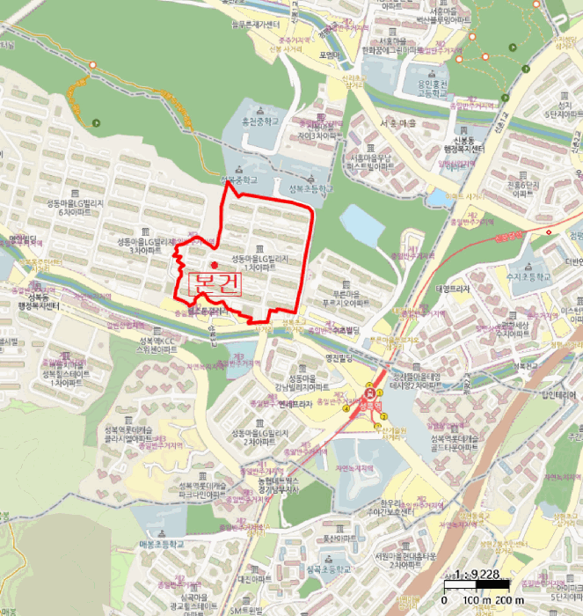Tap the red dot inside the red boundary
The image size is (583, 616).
(x=214, y=264)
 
